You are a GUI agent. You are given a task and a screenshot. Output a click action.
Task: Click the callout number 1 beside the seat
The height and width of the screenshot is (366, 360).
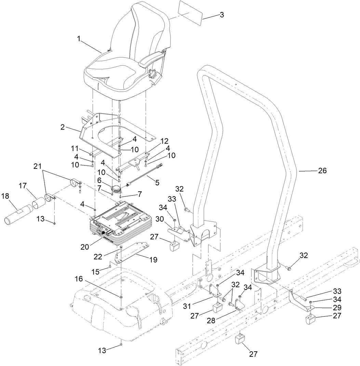79,39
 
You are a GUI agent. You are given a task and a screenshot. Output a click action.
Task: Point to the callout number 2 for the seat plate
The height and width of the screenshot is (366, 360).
63,127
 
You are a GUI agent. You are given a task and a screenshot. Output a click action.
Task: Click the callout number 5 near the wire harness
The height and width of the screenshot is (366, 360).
157,182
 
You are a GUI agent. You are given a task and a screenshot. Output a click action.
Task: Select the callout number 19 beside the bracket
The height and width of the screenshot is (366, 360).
153,260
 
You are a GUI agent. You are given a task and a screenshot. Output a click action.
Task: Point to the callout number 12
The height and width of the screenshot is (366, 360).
165,140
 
